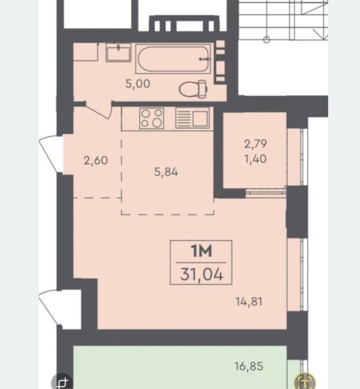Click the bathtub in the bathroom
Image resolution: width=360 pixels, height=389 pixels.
173,59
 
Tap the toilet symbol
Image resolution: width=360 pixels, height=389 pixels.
193,89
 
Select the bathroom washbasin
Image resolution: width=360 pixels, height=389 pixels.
118,53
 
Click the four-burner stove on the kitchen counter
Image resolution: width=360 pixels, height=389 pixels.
152,118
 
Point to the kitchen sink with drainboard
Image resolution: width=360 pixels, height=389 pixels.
193,118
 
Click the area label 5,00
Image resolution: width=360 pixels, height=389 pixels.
138,84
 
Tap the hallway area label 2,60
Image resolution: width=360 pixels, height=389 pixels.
96,160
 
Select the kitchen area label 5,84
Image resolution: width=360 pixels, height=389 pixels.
166,172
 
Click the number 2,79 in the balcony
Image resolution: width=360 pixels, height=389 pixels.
255,144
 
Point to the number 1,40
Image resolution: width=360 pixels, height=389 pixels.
255,159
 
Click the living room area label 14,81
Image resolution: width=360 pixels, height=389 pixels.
249,302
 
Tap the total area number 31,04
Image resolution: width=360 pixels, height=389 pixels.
201,275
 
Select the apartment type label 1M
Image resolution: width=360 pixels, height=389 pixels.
201,251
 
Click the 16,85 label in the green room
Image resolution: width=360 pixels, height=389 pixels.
249,366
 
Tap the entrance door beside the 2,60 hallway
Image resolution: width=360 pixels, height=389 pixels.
51,154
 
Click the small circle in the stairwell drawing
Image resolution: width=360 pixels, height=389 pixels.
266,39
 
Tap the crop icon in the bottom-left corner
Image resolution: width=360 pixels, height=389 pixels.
62,381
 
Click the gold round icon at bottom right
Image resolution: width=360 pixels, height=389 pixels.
305,381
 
